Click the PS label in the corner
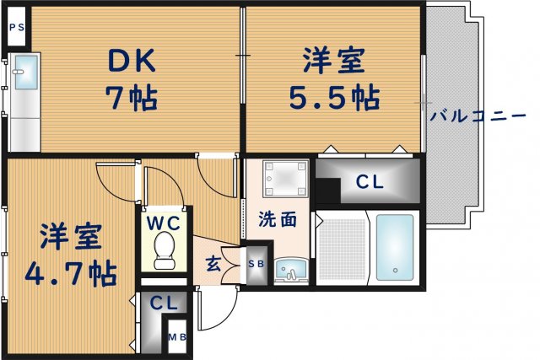(x=17, y=26)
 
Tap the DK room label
(x=130, y=61)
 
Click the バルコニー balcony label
(x=478, y=116)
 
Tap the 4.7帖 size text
(x=71, y=272)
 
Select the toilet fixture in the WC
(x=166, y=251)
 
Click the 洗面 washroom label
(x=277, y=219)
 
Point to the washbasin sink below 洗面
(x=291, y=270)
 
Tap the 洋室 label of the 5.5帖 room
(x=335, y=61)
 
